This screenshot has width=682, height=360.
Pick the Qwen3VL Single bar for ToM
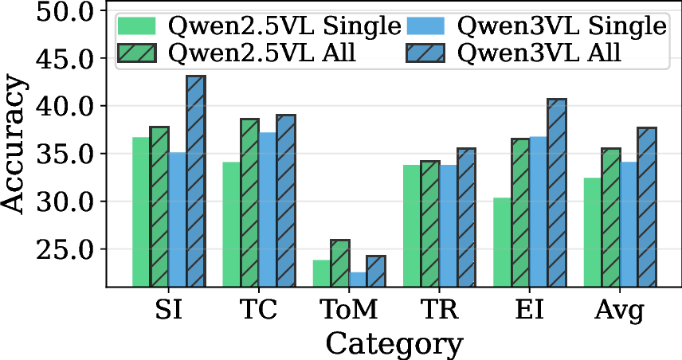358,279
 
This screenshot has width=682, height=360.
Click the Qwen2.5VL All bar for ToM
340,263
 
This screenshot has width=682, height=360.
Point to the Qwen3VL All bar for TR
466,217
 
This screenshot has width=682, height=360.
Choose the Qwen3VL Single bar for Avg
629,224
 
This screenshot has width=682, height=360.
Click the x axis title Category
394,344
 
